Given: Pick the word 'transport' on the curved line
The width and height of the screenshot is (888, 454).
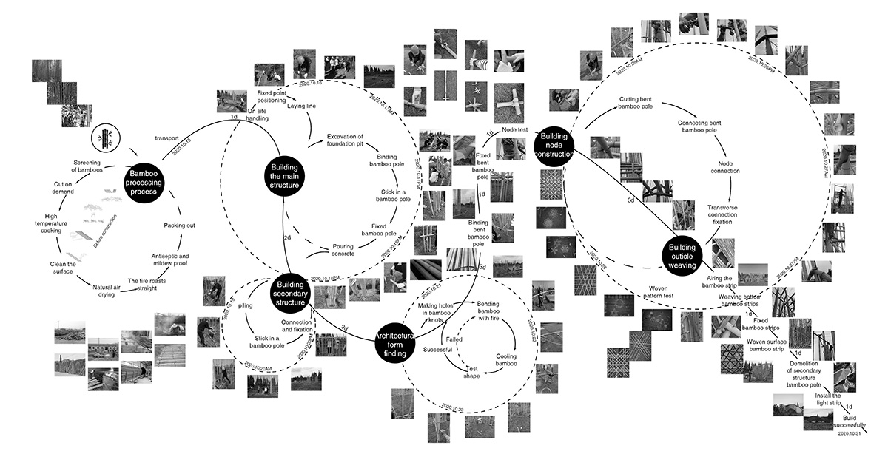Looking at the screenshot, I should pyautogui.click(x=168, y=138).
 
